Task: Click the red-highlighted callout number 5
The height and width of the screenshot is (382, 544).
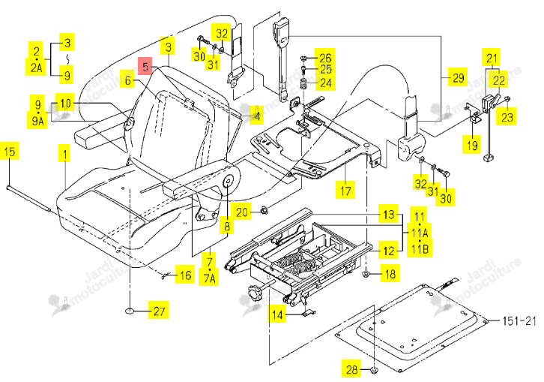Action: click(x=145, y=66)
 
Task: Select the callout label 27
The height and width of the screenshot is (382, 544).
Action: click(x=159, y=311)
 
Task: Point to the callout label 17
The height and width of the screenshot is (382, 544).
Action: click(x=345, y=190)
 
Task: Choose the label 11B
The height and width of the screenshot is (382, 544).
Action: click(x=420, y=249)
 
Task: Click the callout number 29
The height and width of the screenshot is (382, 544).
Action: click(x=458, y=77)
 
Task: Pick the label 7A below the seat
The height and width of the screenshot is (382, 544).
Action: click(x=209, y=278)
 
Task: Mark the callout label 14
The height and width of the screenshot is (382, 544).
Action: click(x=276, y=315)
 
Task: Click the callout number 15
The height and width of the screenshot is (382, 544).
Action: click(x=10, y=151)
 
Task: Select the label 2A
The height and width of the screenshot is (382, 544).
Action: click(x=36, y=67)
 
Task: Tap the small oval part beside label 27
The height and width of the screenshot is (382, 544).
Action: click(x=130, y=311)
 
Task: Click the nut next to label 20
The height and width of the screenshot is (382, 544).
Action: click(x=264, y=210)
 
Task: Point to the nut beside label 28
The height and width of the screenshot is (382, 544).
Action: click(x=375, y=370)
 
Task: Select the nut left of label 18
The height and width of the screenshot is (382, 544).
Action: click(x=366, y=274)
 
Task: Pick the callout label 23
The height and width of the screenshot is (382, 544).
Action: click(x=507, y=116)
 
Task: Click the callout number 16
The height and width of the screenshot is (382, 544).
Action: click(x=185, y=275)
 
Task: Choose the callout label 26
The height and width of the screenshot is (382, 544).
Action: click(x=325, y=57)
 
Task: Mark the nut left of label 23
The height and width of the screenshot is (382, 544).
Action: click(x=507, y=99)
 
